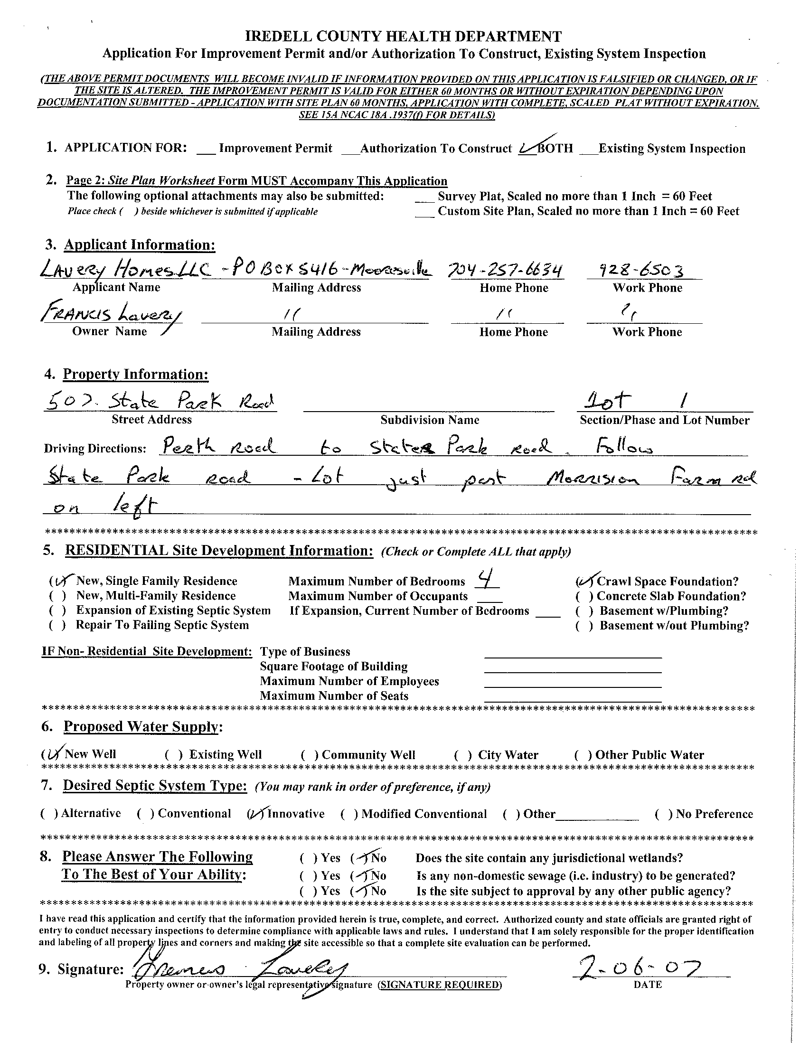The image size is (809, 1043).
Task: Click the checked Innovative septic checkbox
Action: point(256,814)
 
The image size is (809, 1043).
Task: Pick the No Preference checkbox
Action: point(664,814)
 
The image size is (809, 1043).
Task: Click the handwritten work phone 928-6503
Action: point(642,271)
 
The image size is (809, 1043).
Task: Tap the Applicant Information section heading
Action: point(140,245)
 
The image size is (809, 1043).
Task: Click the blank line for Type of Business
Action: point(573,653)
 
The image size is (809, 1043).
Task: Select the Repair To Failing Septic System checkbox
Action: point(57,626)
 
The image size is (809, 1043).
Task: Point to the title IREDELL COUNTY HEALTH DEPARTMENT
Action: point(404,36)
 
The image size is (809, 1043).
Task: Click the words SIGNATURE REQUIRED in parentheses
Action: point(440,985)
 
